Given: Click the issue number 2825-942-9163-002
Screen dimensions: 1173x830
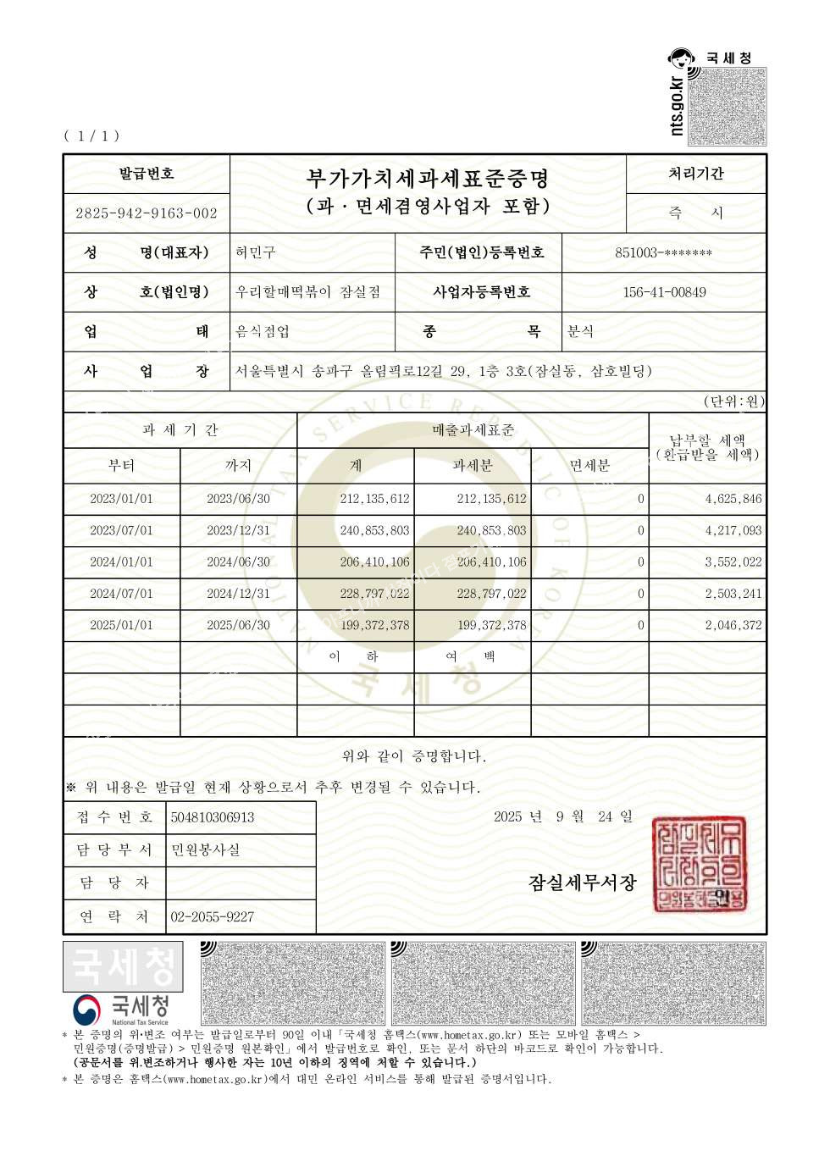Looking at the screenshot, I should click(147, 213).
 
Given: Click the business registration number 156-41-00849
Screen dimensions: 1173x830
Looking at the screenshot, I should click(664, 292).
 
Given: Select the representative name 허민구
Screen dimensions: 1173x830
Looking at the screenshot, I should click(256, 252).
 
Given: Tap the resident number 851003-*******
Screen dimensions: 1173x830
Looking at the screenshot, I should click(663, 252).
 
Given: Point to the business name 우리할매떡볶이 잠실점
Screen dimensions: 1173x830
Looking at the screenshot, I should click(308, 292).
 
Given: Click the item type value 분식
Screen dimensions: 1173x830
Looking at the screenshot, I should click(580, 331).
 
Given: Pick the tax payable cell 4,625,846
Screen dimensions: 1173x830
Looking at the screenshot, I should click(733, 499).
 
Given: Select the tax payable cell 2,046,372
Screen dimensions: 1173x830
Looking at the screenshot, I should click(733, 625).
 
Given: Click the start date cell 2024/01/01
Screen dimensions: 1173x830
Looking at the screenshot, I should click(122, 562).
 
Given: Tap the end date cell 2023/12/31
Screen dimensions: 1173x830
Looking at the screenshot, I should click(239, 530).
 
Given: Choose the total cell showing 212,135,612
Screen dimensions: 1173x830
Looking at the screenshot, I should click(374, 499).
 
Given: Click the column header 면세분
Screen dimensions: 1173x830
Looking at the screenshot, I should click(589, 465).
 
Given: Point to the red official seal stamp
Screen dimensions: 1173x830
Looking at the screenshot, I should click(699, 864).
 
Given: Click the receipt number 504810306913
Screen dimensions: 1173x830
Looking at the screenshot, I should click(213, 817).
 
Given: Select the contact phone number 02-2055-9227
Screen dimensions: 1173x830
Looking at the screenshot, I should click(213, 916).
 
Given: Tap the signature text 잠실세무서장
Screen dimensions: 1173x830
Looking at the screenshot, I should click(582, 883).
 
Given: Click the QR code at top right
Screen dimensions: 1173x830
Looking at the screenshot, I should click(727, 107).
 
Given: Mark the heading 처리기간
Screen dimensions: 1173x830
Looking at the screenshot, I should click(696, 174).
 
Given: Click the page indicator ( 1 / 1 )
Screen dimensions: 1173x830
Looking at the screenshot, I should click(91, 136).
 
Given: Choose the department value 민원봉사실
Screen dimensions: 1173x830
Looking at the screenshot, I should click(206, 849).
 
